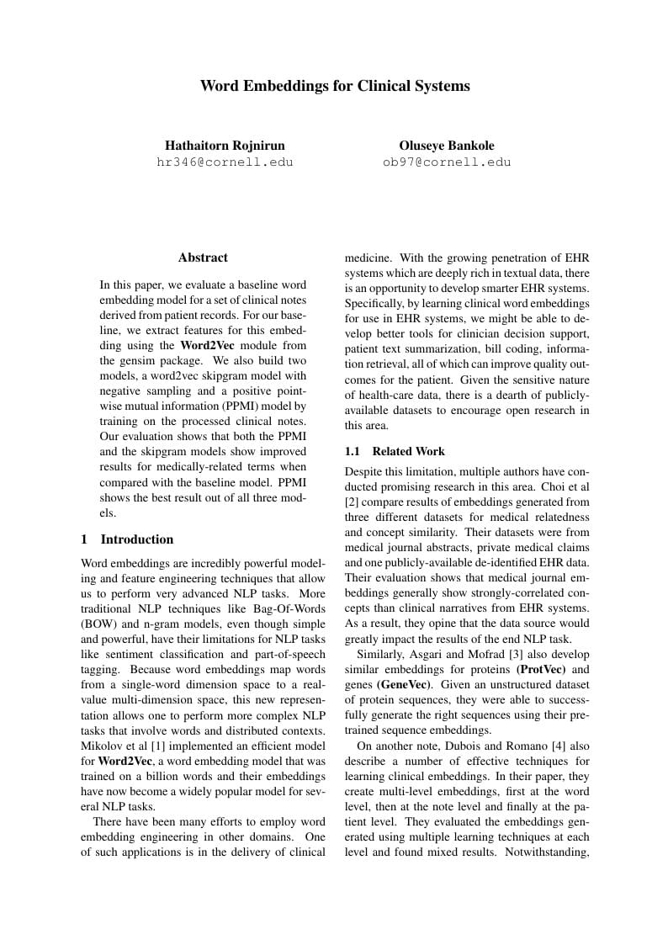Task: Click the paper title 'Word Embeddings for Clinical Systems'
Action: pos(334,86)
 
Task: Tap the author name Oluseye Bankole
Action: pos(446,145)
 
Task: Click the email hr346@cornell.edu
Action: pos(225,162)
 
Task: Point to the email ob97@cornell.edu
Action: pos(446,162)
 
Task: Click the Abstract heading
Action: pos(203,257)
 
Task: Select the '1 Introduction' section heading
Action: pos(127,539)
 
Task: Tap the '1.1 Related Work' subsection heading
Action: pos(395,451)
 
